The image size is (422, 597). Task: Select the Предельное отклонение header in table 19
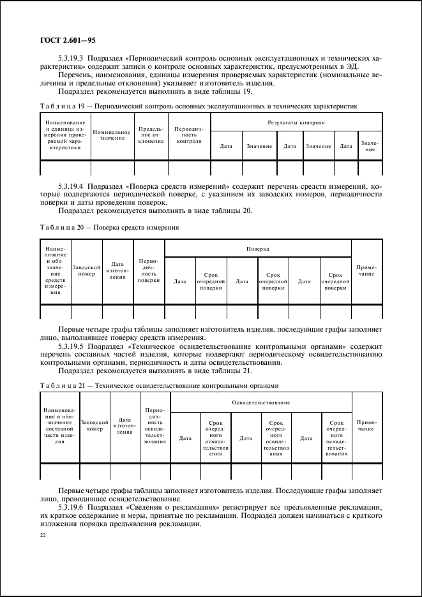(151, 135)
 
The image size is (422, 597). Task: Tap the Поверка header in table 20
(259, 248)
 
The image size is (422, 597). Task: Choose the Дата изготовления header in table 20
(117, 271)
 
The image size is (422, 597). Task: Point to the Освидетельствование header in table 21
(262, 402)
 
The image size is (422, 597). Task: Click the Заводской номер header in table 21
(94, 426)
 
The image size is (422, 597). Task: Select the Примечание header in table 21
(366, 426)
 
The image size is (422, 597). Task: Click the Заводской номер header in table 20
(86, 271)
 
